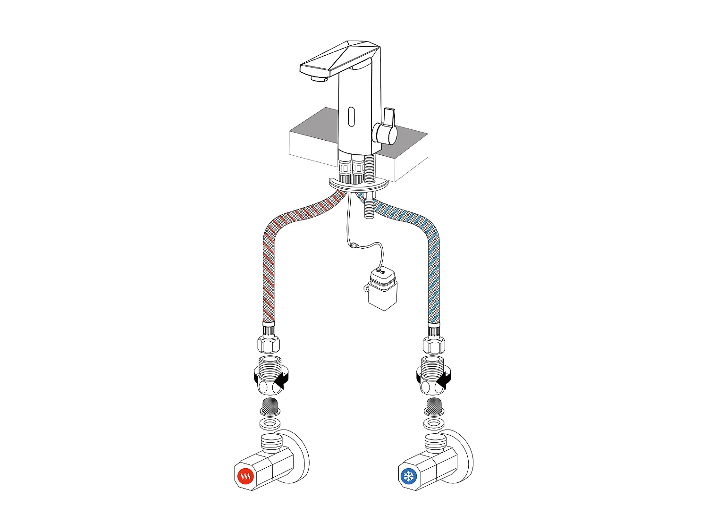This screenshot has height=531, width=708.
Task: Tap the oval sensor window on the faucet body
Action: [x=351, y=116]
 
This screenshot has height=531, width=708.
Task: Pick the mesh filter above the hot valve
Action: [x=270, y=405]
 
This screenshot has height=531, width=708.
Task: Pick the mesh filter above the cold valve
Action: [x=434, y=405]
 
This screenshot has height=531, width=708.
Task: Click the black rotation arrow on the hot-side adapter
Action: [x=282, y=379]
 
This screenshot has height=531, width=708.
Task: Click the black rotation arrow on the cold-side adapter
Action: [x=445, y=379]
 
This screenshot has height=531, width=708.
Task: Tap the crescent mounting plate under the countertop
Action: [x=359, y=185]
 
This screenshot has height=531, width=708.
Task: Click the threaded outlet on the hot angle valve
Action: [x=272, y=442]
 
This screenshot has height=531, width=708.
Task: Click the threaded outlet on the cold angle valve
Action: [x=436, y=442]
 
